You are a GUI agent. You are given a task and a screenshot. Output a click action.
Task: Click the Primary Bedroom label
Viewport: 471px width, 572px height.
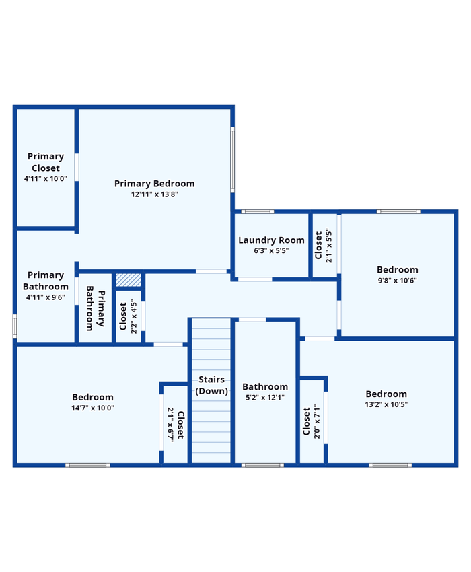click(154, 184)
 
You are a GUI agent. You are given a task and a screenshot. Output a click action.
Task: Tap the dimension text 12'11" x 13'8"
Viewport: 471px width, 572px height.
click(154, 194)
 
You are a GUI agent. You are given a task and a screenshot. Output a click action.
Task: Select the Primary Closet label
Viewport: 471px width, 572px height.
click(46, 162)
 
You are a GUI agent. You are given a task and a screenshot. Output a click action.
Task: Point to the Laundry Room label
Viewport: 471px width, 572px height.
click(271, 240)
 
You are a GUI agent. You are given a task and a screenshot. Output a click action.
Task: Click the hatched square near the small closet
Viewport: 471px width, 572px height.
click(129, 280)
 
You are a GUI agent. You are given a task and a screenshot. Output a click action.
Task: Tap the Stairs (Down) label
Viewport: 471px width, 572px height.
click(211, 385)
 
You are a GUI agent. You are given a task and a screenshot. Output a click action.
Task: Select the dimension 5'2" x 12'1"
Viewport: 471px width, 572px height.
click(265, 397)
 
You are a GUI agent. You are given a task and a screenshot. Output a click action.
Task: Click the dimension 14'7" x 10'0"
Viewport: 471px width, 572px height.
click(93, 408)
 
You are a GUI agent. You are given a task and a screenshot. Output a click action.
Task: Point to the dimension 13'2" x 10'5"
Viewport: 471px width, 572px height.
click(386, 404)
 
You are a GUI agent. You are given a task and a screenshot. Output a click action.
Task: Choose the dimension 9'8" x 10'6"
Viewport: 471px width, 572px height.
click(397, 280)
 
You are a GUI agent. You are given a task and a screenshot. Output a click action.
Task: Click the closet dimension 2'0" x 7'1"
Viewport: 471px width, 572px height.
click(317, 421)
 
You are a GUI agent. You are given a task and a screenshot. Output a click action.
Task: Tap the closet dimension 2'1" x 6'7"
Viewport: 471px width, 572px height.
click(170, 425)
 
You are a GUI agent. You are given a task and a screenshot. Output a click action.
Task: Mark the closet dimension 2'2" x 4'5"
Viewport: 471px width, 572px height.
click(133, 316)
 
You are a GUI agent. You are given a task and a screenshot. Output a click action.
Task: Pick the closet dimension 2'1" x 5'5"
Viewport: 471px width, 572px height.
click(329, 246)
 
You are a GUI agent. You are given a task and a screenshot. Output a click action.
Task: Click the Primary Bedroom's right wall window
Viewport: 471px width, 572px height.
click(232, 159)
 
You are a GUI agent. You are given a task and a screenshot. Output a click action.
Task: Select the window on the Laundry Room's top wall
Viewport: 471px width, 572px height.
click(258, 211)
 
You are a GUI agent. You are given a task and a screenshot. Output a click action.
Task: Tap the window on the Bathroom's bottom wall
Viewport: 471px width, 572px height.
click(262, 465)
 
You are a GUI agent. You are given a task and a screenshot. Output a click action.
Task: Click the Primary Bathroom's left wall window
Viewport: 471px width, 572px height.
click(15, 326)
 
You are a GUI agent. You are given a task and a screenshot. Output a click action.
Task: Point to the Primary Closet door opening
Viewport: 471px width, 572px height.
click(77, 167)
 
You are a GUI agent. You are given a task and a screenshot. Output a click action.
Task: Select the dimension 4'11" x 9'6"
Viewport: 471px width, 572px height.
click(46, 297)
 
